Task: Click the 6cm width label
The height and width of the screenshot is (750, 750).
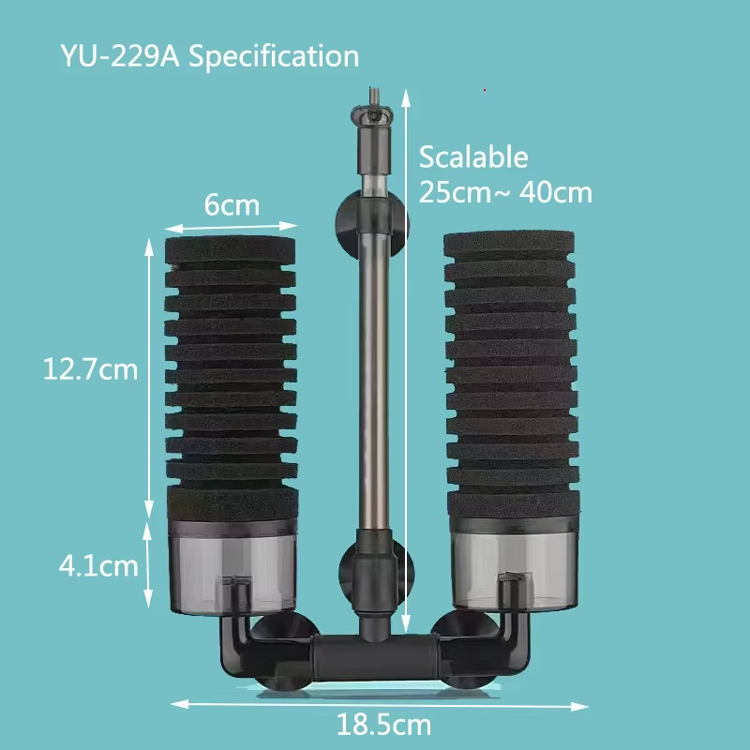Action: [x=232, y=204]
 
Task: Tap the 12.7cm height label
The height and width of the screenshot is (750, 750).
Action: [x=90, y=369]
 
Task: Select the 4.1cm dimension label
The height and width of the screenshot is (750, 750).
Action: [x=97, y=566]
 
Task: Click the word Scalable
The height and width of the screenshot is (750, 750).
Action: [x=473, y=157]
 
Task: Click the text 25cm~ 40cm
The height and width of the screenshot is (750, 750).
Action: [x=505, y=193]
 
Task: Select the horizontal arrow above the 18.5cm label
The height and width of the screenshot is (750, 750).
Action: [x=380, y=702]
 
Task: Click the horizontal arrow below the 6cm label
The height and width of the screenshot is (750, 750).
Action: [x=232, y=226]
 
